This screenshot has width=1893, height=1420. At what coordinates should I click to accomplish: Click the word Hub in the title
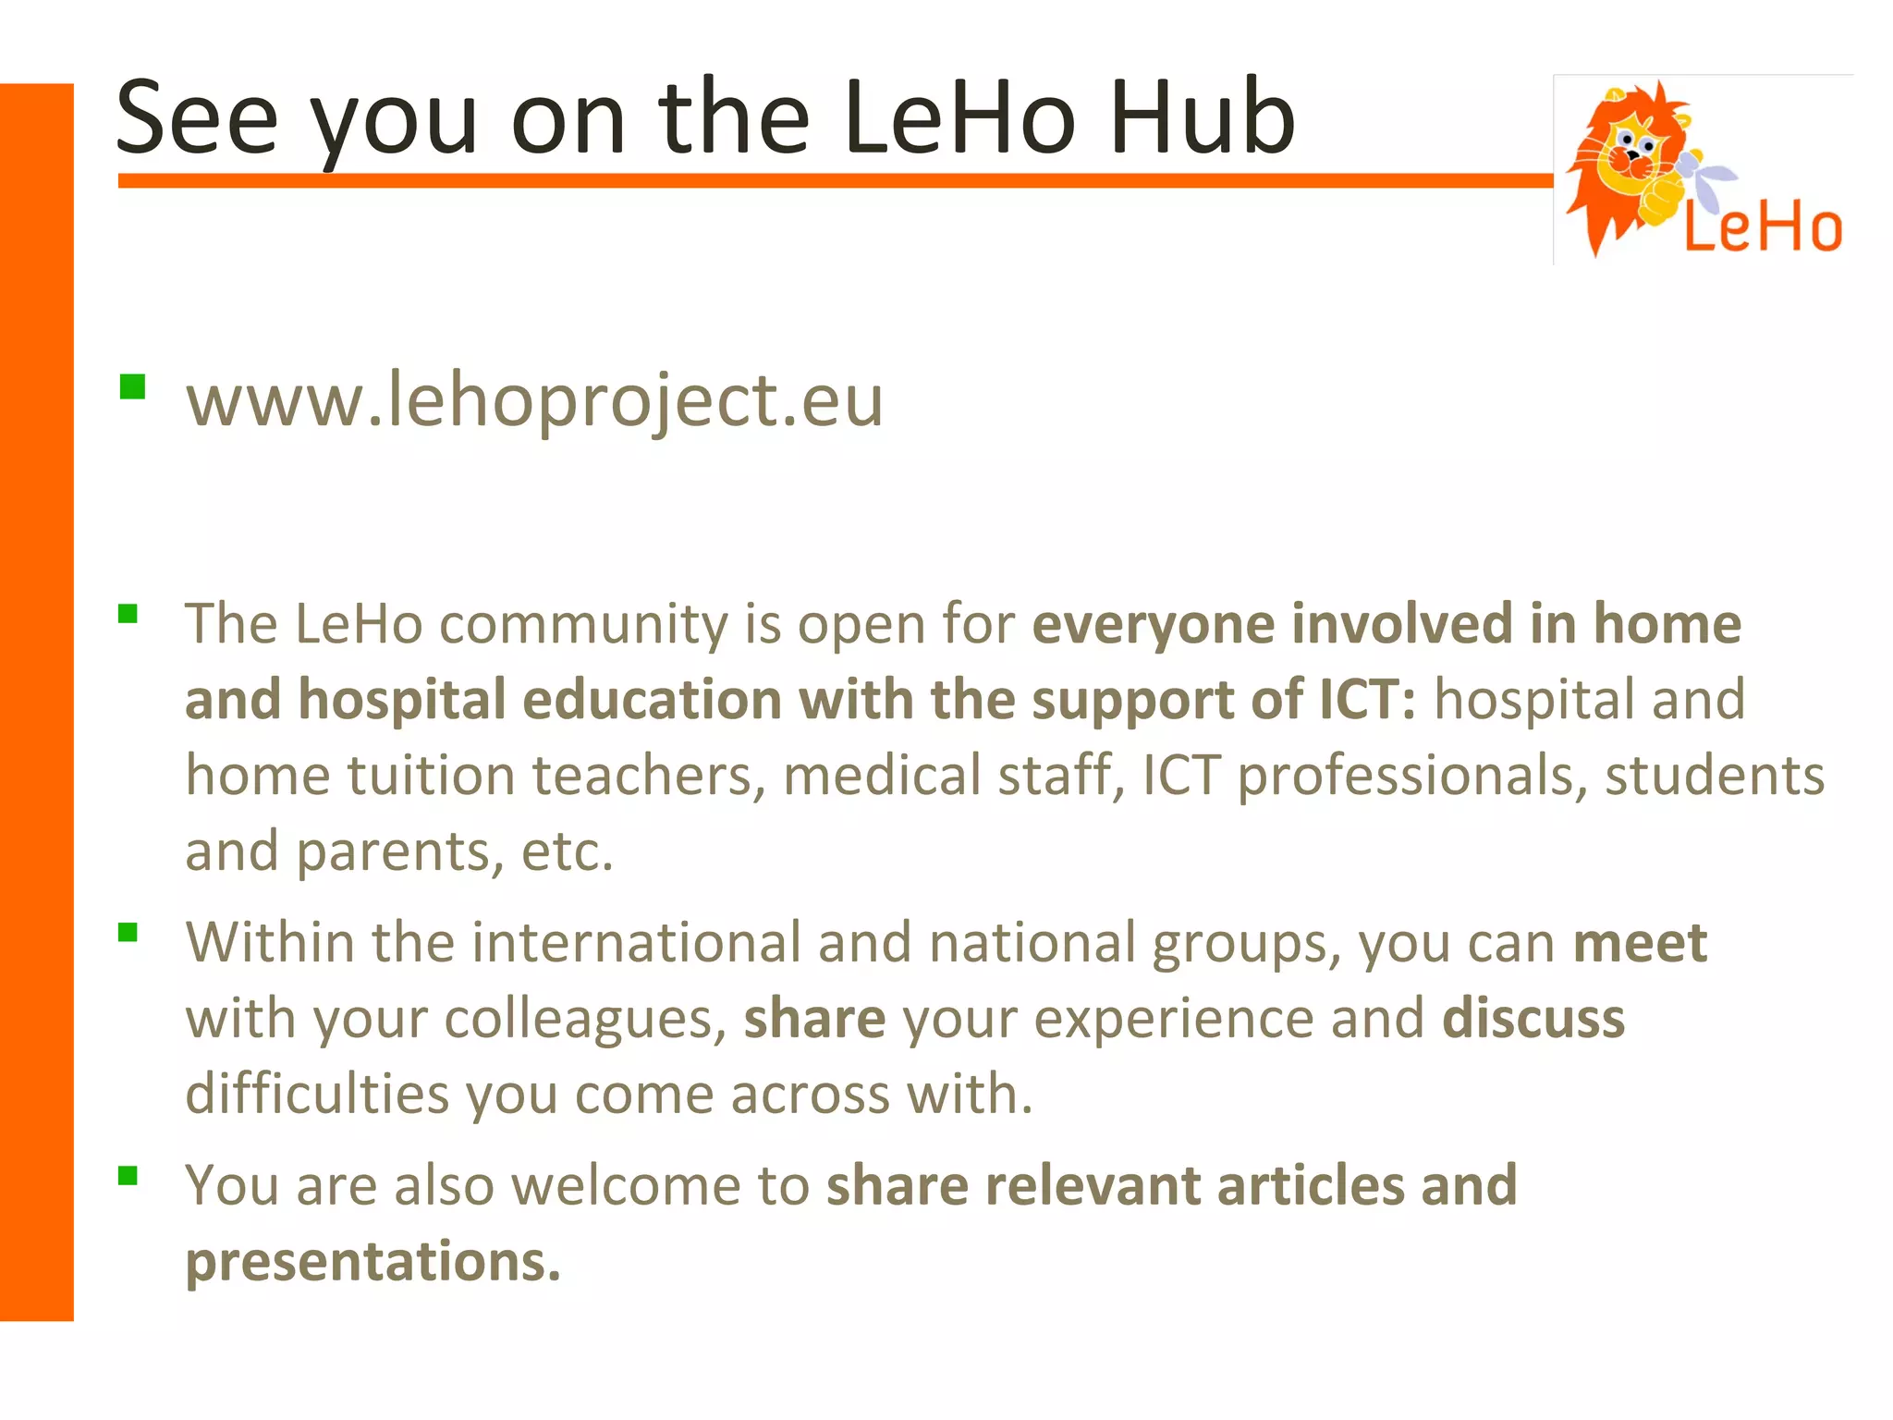pos(1202,118)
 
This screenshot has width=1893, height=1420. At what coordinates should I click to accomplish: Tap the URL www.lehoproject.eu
pos(534,401)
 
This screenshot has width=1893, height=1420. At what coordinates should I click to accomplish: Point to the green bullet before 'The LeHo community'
pos(128,614)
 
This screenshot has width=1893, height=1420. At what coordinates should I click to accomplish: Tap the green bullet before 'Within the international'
pos(128,932)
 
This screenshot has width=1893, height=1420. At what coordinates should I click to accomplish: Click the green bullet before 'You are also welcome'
pos(128,1175)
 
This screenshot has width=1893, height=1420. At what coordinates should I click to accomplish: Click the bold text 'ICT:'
pos(1367,700)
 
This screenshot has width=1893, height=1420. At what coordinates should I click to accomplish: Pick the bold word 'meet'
pos(1640,944)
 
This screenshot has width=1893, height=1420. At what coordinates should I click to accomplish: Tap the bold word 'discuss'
pos(1533,1020)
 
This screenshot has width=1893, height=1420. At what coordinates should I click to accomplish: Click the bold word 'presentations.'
pos(373,1262)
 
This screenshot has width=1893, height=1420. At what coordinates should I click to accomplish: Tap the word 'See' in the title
pos(197,118)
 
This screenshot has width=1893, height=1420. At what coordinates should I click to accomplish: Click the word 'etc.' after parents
pos(568,851)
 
